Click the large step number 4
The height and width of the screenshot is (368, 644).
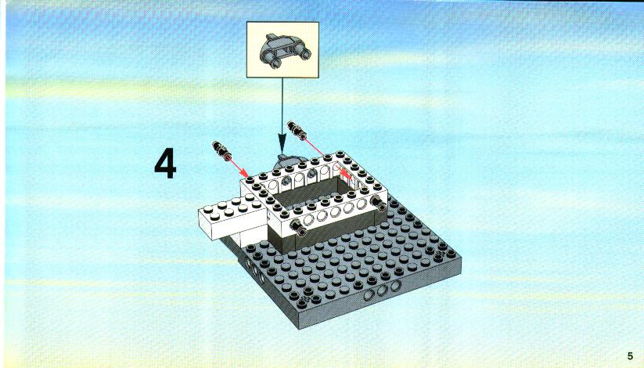coord(165,163)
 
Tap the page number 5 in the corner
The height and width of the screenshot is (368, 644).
coord(630,356)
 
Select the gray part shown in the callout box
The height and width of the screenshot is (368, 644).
coord(283,52)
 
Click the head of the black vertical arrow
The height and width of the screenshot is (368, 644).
coord(282,145)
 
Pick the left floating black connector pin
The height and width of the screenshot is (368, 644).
coord(221,150)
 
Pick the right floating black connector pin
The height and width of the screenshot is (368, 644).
coord(297,130)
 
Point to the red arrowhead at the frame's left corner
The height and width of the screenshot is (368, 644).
coord(246,174)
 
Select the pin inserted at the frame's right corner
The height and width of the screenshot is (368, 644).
coord(378,203)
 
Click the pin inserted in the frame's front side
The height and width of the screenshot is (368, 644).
coord(298,227)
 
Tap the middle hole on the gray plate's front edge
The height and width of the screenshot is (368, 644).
coord(382,290)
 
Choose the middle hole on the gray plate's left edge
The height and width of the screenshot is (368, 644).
coord(254,270)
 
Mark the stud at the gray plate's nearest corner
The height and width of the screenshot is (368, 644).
coord(303,304)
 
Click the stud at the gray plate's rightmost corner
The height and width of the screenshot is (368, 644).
coord(451,253)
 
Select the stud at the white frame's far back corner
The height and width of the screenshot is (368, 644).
coord(340,155)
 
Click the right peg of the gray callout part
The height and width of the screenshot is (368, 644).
coord(304,52)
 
